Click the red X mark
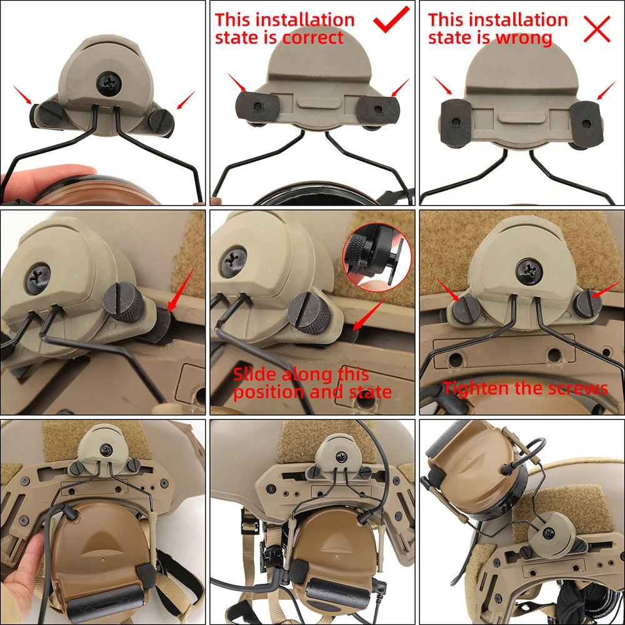[x=597, y=29]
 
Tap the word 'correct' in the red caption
[x=312, y=38]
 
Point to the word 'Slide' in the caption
[x=254, y=374]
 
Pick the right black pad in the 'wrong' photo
[x=585, y=124]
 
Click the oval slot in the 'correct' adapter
[x=319, y=103]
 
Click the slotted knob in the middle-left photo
[x=124, y=301]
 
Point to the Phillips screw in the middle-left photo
[x=38, y=278]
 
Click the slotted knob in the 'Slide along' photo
[x=310, y=312]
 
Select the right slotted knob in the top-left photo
[x=161, y=122]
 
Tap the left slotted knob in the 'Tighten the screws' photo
[x=466, y=309]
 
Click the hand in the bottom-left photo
[x=24, y=570]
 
